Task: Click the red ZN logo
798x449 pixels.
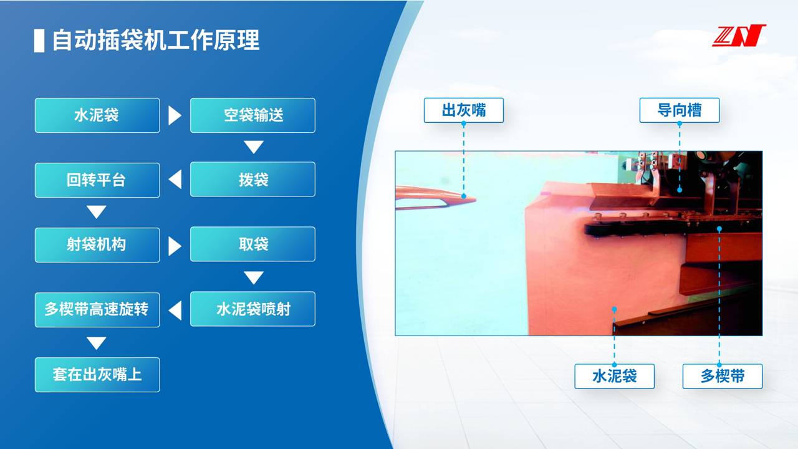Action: coord(739,36)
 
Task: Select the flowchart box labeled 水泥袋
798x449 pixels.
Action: coord(97,115)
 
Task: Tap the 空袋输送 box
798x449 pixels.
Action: coord(252,115)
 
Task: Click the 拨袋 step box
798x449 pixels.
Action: coord(252,179)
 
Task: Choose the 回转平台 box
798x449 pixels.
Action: coord(97,180)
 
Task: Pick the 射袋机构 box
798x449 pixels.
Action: coord(97,245)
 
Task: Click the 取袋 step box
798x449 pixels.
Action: coord(252,244)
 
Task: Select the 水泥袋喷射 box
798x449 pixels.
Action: coord(252,309)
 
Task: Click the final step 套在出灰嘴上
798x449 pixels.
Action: coord(97,375)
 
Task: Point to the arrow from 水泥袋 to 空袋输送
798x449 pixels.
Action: coord(175,115)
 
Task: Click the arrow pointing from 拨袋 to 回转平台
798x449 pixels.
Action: coord(175,179)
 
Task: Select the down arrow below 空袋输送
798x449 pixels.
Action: coord(254,147)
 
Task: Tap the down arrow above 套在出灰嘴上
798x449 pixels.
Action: coord(97,343)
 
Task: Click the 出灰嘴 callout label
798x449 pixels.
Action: coord(463,110)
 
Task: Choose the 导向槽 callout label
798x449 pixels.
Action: coord(680,110)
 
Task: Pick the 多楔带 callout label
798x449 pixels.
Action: coord(723,376)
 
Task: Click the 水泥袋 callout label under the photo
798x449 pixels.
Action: coord(615,376)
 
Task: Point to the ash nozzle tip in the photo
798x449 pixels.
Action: coord(475,199)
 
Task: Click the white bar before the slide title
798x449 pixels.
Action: coord(39,41)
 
